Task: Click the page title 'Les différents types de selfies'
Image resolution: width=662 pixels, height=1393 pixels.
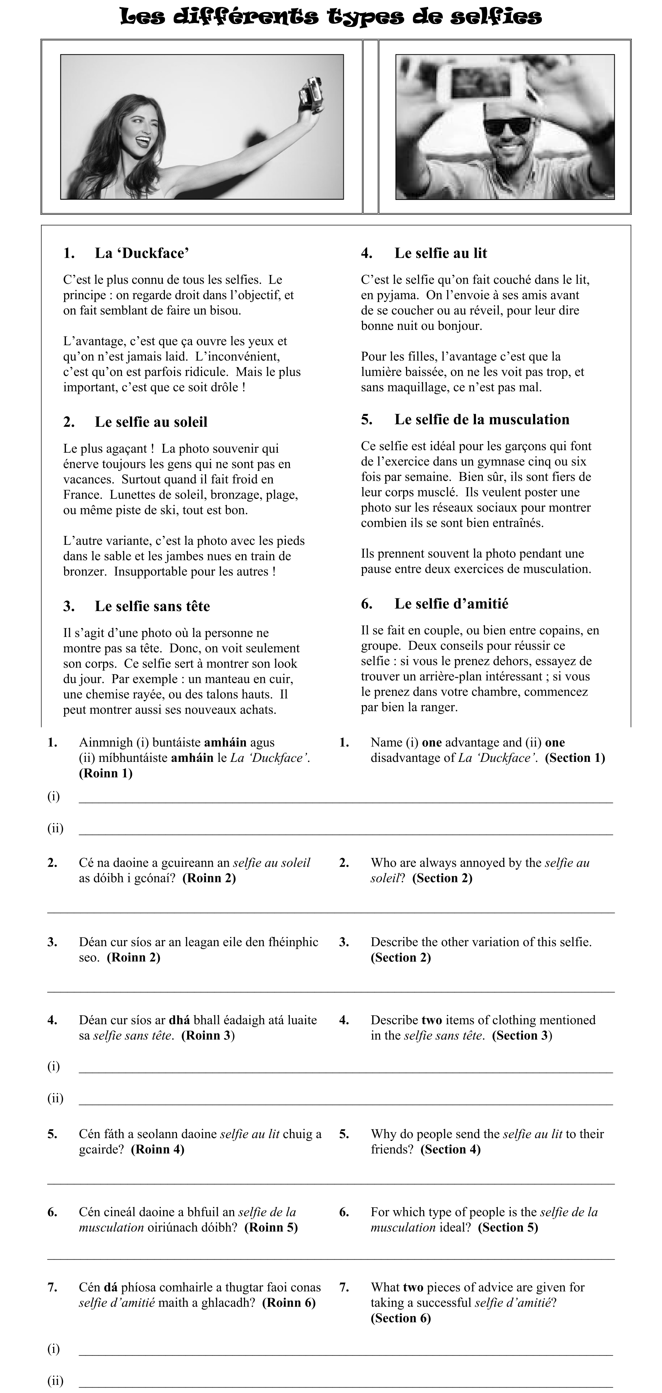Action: click(x=331, y=17)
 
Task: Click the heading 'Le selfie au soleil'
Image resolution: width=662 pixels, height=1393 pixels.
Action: click(x=151, y=422)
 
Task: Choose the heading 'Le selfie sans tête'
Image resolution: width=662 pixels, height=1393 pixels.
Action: click(x=152, y=606)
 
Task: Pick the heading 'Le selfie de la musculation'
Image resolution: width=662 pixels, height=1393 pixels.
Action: click(x=481, y=420)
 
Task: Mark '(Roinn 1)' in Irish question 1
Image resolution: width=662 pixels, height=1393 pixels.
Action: click(x=106, y=773)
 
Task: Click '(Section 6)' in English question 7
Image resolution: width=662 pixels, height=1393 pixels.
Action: click(x=401, y=1318)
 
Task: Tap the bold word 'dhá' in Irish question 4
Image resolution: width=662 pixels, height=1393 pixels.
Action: click(x=179, y=1020)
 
